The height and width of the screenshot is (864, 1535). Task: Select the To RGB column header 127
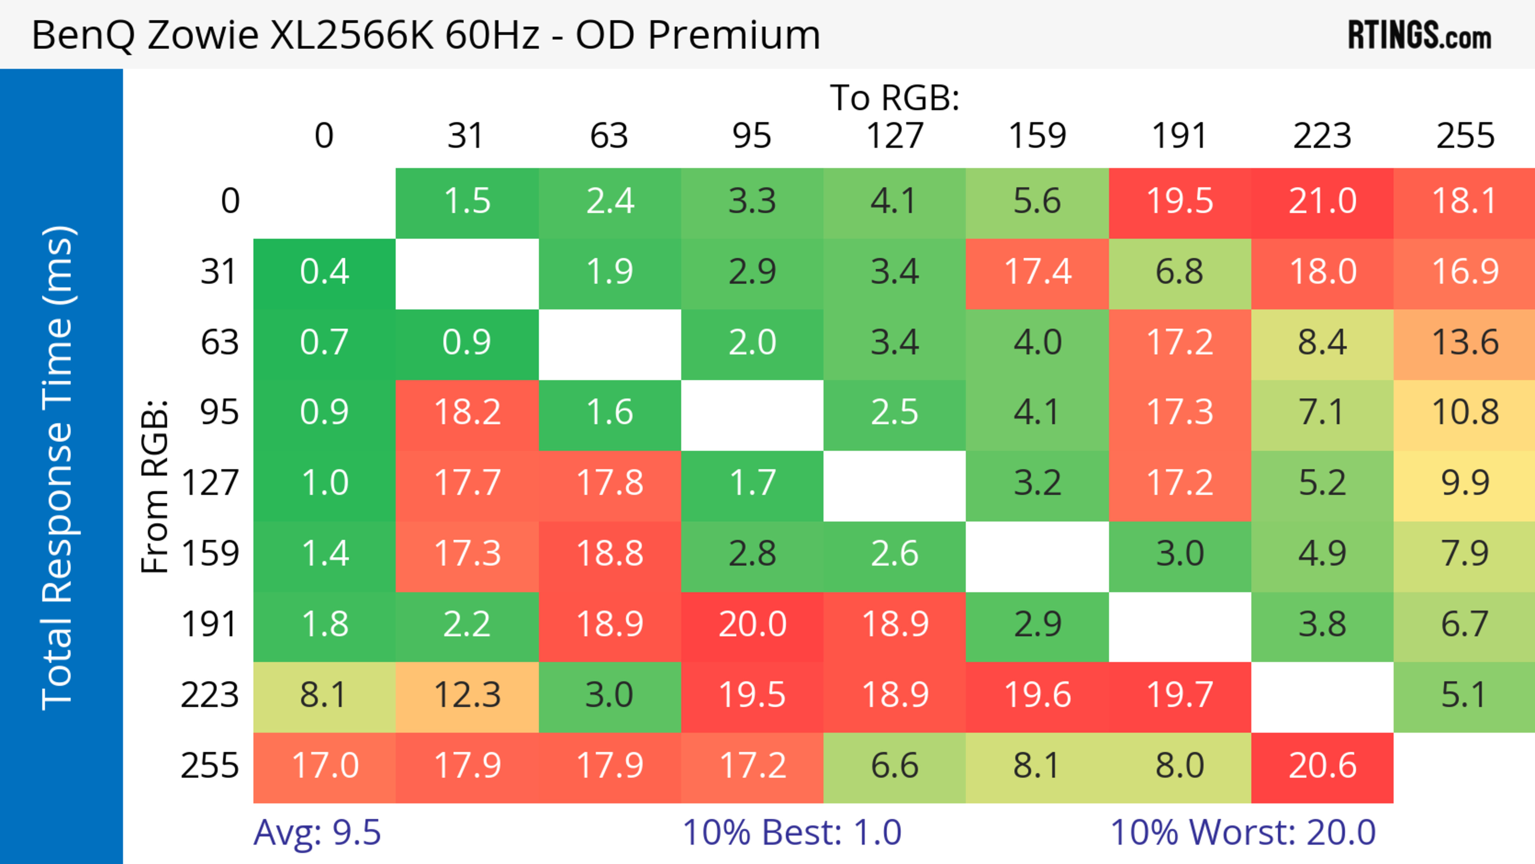[895, 136]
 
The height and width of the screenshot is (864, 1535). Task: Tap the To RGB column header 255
[1465, 136]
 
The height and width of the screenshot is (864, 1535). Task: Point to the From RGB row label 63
[219, 342]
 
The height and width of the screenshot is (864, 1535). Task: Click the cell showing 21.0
[1322, 202]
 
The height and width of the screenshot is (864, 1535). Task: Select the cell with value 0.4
[324, 272]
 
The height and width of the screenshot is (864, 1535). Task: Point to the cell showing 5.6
[1037, 202]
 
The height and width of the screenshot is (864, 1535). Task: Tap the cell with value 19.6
[1037, 695]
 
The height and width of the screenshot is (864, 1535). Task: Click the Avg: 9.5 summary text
[317, 832]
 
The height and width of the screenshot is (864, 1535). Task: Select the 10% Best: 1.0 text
[791, 832]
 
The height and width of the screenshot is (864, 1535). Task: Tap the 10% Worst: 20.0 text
[1243, 832]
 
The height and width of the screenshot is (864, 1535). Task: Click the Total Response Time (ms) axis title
[58, 468]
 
